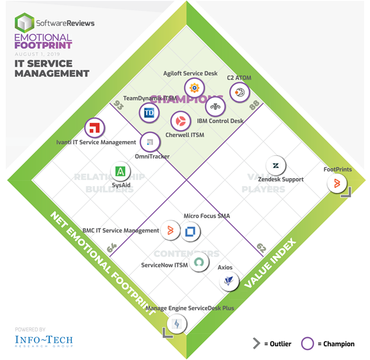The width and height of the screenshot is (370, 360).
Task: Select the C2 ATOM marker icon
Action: coord(239,92)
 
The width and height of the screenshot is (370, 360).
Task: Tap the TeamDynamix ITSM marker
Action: coord(149,113)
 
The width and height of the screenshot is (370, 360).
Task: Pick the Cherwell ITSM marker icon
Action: coord(181,120)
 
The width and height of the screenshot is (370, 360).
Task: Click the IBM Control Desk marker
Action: coord(215,107)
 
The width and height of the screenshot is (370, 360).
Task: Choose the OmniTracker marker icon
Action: coord(149,142)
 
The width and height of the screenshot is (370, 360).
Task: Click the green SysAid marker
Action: coord(121,171)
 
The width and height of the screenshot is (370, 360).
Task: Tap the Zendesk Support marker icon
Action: coord(276,165)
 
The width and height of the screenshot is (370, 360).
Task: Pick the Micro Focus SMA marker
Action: coord(191,231)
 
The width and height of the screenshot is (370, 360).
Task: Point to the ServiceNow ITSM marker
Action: coord(199,263)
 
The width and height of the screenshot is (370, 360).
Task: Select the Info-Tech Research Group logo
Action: coord(42,342)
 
